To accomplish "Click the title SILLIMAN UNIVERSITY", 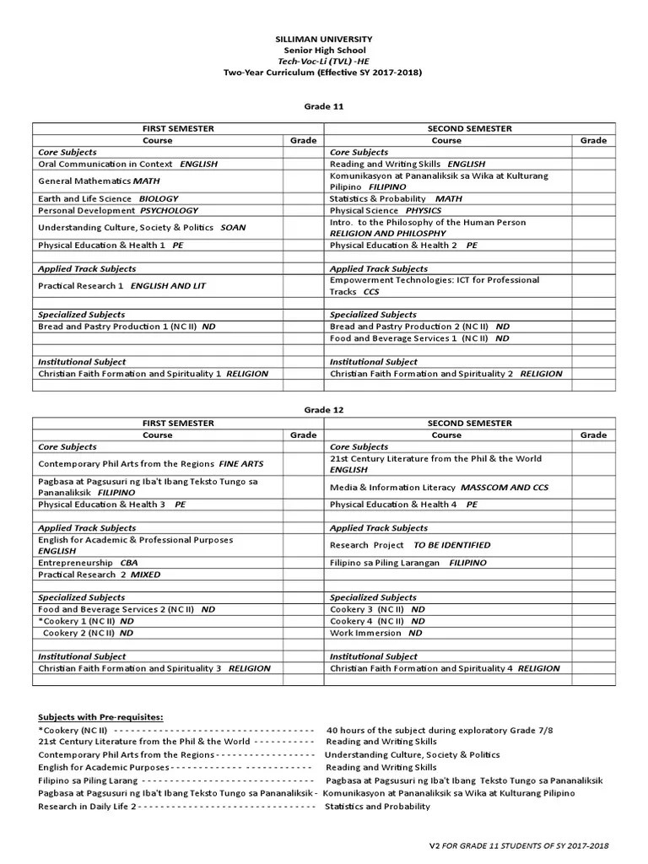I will click(x=323, y=39).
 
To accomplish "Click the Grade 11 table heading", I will click(x=323, y=106).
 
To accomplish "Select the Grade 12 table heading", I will click(x=323, y=409).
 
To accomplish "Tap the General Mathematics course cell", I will click(x=99, y=181).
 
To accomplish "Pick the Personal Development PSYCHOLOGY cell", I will click(x=118, y=210).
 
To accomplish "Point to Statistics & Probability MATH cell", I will click(x=396, y=198).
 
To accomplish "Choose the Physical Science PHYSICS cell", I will click(x=386, y=210).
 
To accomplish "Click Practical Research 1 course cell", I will click(x=121, y=286).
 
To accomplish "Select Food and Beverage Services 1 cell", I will click(x=419, y=337).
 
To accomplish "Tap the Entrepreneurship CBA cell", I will click(x=88, y=562).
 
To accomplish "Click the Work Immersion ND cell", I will click(x=377, y=632).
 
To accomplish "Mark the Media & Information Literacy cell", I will click(x=439, y=488).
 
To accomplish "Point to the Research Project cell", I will click(x=409, y=545).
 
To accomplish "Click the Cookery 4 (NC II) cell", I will click(x=377, y=620).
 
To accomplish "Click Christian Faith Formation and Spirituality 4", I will click(x=445, y=667).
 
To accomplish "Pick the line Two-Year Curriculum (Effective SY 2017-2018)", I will click(x=323, y=73).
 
